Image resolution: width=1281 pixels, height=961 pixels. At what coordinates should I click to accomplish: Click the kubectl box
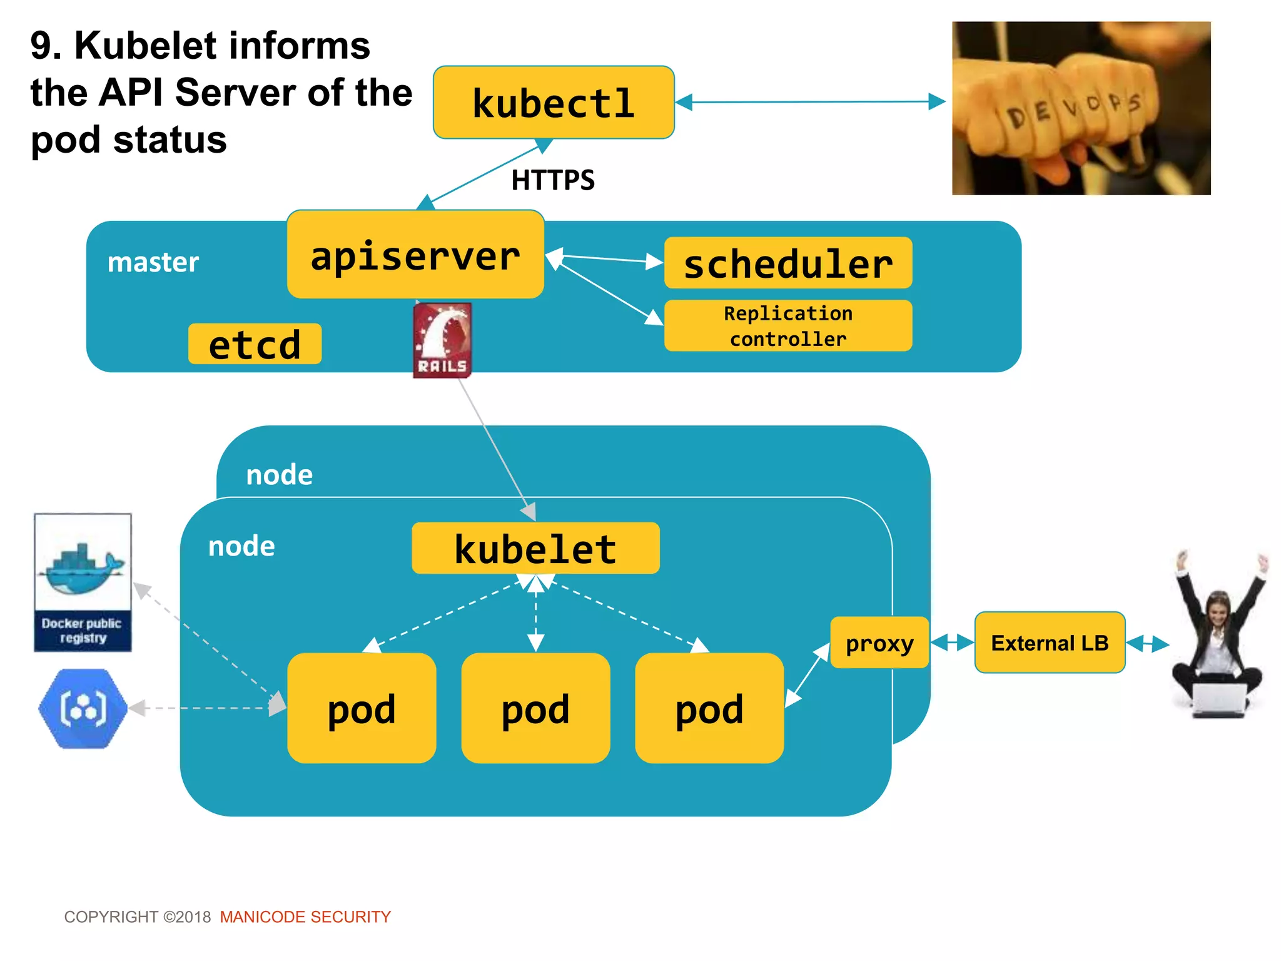click(554, 103)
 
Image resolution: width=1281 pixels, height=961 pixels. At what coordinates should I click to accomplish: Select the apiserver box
click(415, 255)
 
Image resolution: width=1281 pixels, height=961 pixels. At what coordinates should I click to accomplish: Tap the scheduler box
click(787, 263)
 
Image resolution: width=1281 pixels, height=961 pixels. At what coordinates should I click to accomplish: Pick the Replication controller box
click(787, 326)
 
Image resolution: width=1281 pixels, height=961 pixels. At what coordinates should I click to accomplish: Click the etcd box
click(255, 344)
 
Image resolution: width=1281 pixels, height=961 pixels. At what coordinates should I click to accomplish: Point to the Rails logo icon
click(442, 340)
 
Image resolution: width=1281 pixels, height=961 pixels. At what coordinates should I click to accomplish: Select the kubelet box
click(535, 549)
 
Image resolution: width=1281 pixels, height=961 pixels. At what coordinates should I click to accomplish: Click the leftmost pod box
click(362, 708)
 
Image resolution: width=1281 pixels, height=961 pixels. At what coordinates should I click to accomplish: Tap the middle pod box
click(535, 708)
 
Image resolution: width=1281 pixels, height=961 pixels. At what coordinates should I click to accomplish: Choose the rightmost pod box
click(709, 708)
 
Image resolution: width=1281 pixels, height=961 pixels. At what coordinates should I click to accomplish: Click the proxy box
click(879, 643)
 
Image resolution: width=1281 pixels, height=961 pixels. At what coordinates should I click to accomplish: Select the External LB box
click(1050, 643)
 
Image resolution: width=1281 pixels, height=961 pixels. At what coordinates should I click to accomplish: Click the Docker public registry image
click(83, 582)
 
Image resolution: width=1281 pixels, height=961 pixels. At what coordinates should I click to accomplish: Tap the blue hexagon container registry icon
click(83, 708)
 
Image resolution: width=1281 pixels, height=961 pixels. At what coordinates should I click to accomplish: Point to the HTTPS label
click(553, 180)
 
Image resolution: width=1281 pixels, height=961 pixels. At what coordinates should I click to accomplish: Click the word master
click(153, 262)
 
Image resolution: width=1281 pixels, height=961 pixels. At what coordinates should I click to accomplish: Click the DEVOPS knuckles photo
click(1081, 108)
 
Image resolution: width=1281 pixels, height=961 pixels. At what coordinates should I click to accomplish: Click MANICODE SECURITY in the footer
click(305, 917)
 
